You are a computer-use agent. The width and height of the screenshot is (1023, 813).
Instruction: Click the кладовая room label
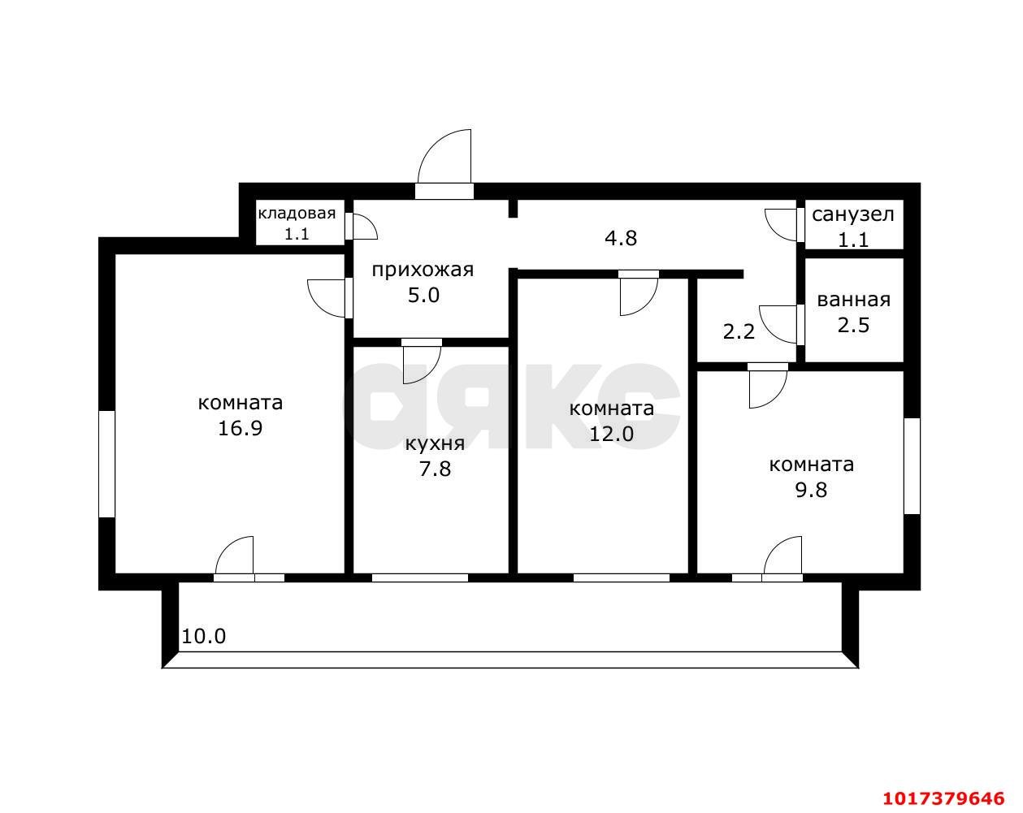(297, 214)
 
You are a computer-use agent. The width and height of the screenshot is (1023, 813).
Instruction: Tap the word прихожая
(423, 270)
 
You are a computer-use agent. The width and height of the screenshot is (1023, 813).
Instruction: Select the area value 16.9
(240, 428)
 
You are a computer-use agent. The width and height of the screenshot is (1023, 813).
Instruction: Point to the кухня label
(435, 443)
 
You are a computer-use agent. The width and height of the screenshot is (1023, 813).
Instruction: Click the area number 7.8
(435, 469)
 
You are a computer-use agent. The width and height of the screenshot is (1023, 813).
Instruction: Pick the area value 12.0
(611, 434)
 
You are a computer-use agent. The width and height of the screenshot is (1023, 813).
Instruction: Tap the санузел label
(853, 214)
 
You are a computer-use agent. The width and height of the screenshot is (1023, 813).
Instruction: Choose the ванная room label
(854, 300)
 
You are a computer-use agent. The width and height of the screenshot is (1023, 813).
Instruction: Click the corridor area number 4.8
(621, 238)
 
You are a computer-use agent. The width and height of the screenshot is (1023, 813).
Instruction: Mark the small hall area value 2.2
(739, 331)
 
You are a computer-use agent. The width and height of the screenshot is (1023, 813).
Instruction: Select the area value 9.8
(812, 490)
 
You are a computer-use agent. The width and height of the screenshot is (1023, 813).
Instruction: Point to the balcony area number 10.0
(203, 636)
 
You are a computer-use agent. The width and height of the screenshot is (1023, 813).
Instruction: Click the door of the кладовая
(362, 226)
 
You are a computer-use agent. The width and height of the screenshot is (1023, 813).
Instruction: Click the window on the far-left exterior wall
(107, 465)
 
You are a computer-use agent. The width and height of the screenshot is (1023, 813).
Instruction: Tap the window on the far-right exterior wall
(912, 466)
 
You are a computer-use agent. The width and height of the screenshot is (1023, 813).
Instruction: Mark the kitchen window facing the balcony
(420, 577)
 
